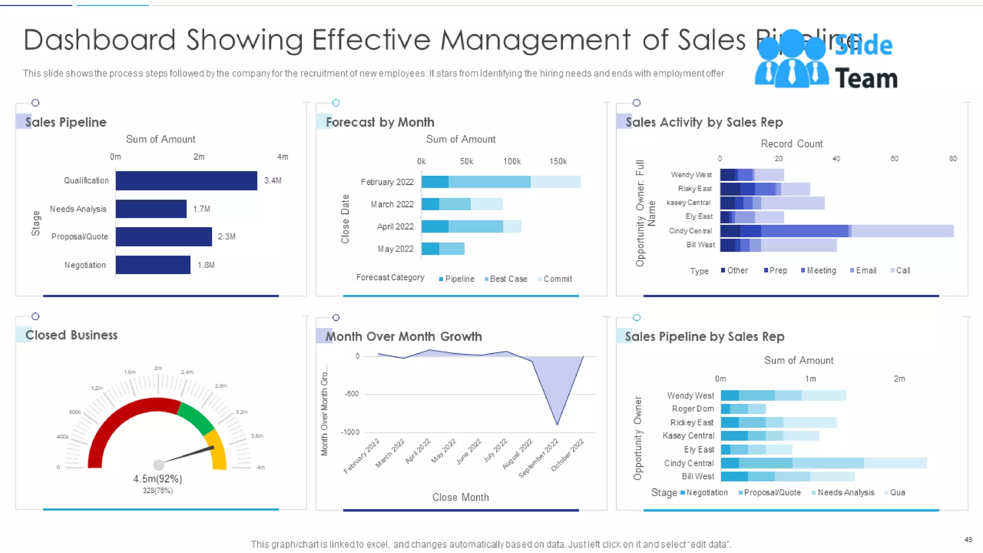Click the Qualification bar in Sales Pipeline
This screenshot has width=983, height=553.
[x=186, y=180]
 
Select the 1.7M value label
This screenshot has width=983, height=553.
[x=202, y=209]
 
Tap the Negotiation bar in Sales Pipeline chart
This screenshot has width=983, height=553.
[x=153, y=265]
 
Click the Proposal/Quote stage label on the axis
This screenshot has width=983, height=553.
[x=80, y=237]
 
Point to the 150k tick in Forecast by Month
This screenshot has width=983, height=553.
[x=558, y=161]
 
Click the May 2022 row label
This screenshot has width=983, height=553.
[x=396, y=249]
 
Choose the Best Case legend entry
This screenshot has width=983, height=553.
[x=508, y=279]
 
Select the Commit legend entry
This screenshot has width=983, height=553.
[x=557, y=279]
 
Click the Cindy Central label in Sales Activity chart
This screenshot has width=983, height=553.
[x=690, y=231]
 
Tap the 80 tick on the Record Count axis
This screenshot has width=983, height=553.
[x=953, y=158]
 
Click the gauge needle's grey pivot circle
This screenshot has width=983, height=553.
[x=158, y=465]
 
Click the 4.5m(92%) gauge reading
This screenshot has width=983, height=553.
[x=157, y=479]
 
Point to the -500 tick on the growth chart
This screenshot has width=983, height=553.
[x=351, y=394]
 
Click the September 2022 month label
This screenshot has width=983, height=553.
[x=539, y=458]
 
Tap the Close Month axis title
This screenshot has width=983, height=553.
[x=460, y=497]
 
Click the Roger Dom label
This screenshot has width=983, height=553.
[x=693, y=409]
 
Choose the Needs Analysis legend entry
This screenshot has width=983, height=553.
[x=845, y=493]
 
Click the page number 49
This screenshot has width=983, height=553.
[x=968, y=540]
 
